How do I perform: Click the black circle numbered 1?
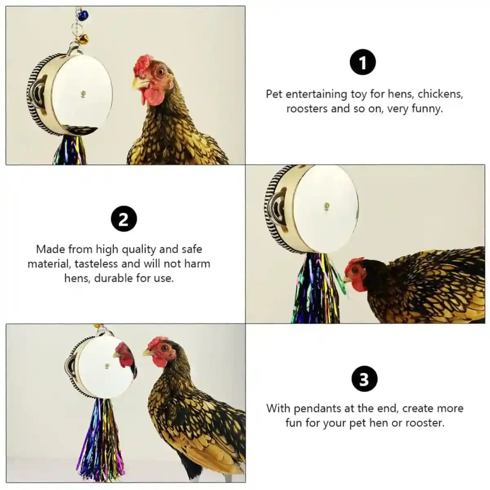pyautogui.click(x=363, y=62)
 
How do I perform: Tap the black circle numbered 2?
pyautogui.click(x=123, y=219)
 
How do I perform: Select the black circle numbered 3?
pyautogui.click(x=363, y=379)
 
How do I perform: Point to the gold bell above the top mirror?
pyautogui.click(x=83, y=39)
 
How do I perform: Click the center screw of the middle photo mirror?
pyautogui.click(x=326, y=205)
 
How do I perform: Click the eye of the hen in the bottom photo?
pyautogui.click(x=164, y=348)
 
